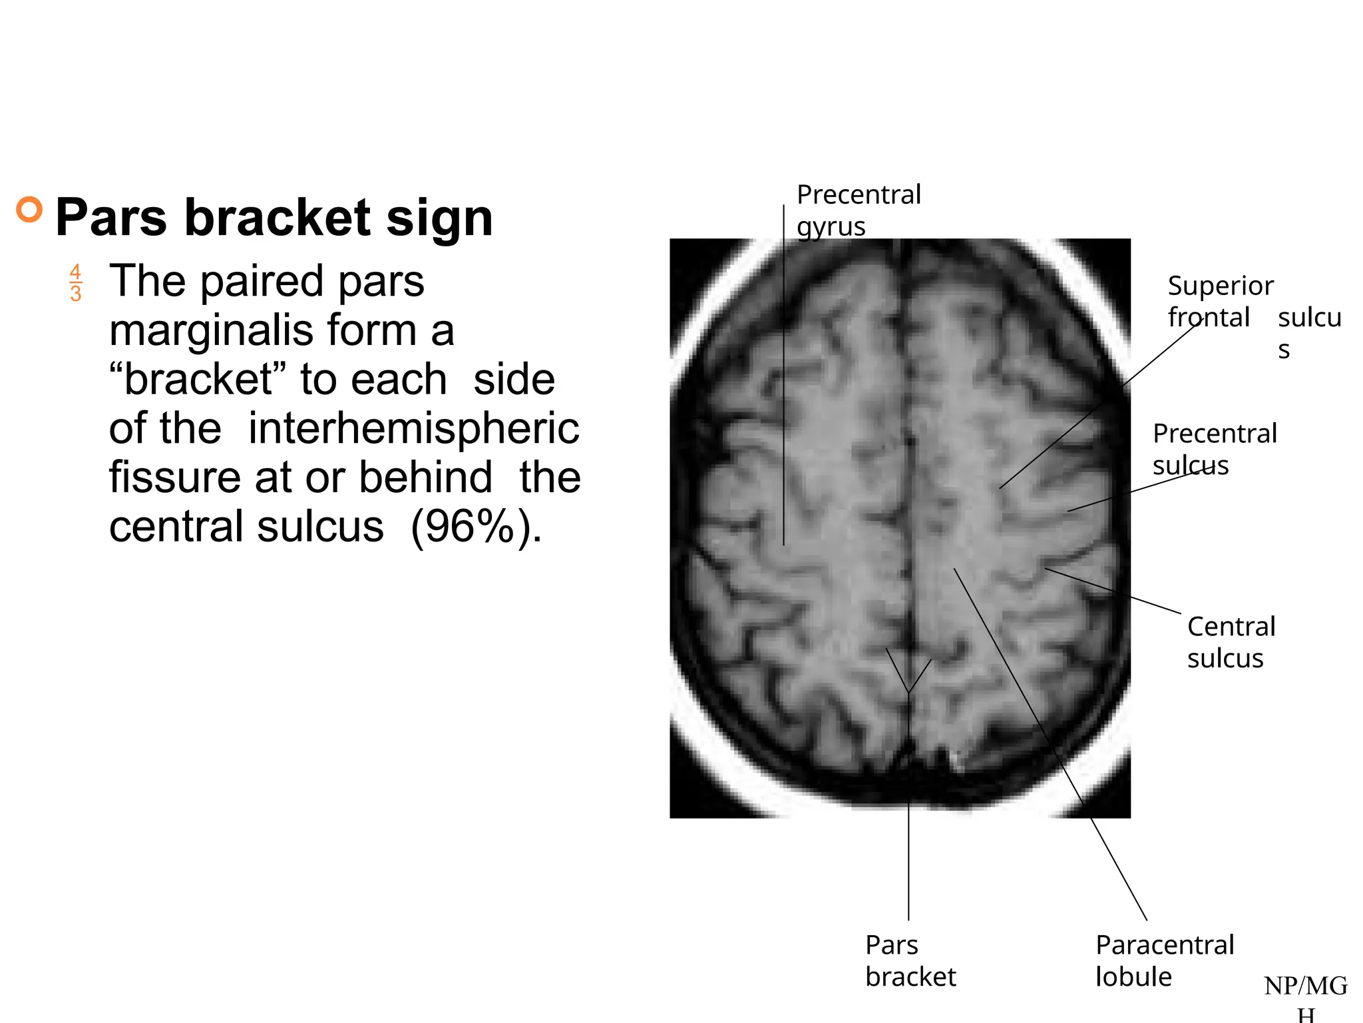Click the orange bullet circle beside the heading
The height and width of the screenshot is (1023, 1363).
click(29, 210)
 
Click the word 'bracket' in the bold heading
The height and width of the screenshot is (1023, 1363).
click(277, 218)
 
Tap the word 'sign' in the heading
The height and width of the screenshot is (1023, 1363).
click(439, 218)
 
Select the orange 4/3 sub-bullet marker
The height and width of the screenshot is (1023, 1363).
click(75, 282)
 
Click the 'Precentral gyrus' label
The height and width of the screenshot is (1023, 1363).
click(859, 210)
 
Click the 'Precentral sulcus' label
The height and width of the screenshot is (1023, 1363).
click(1214, 449)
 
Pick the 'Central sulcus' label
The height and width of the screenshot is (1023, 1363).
click(1231, 642)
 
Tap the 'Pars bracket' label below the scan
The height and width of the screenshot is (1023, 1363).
click(910, 960)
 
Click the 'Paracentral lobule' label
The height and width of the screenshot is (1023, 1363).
click(1164, 960)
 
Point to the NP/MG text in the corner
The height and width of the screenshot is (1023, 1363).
click(1305, 986)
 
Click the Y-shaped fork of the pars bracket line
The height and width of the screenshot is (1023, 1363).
click(908, 691)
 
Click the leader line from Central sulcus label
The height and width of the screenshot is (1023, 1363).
click(1111, 590)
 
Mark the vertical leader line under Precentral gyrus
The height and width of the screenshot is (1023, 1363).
click(784, 400)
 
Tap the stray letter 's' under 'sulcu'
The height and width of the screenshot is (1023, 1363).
click(1284, 350)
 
